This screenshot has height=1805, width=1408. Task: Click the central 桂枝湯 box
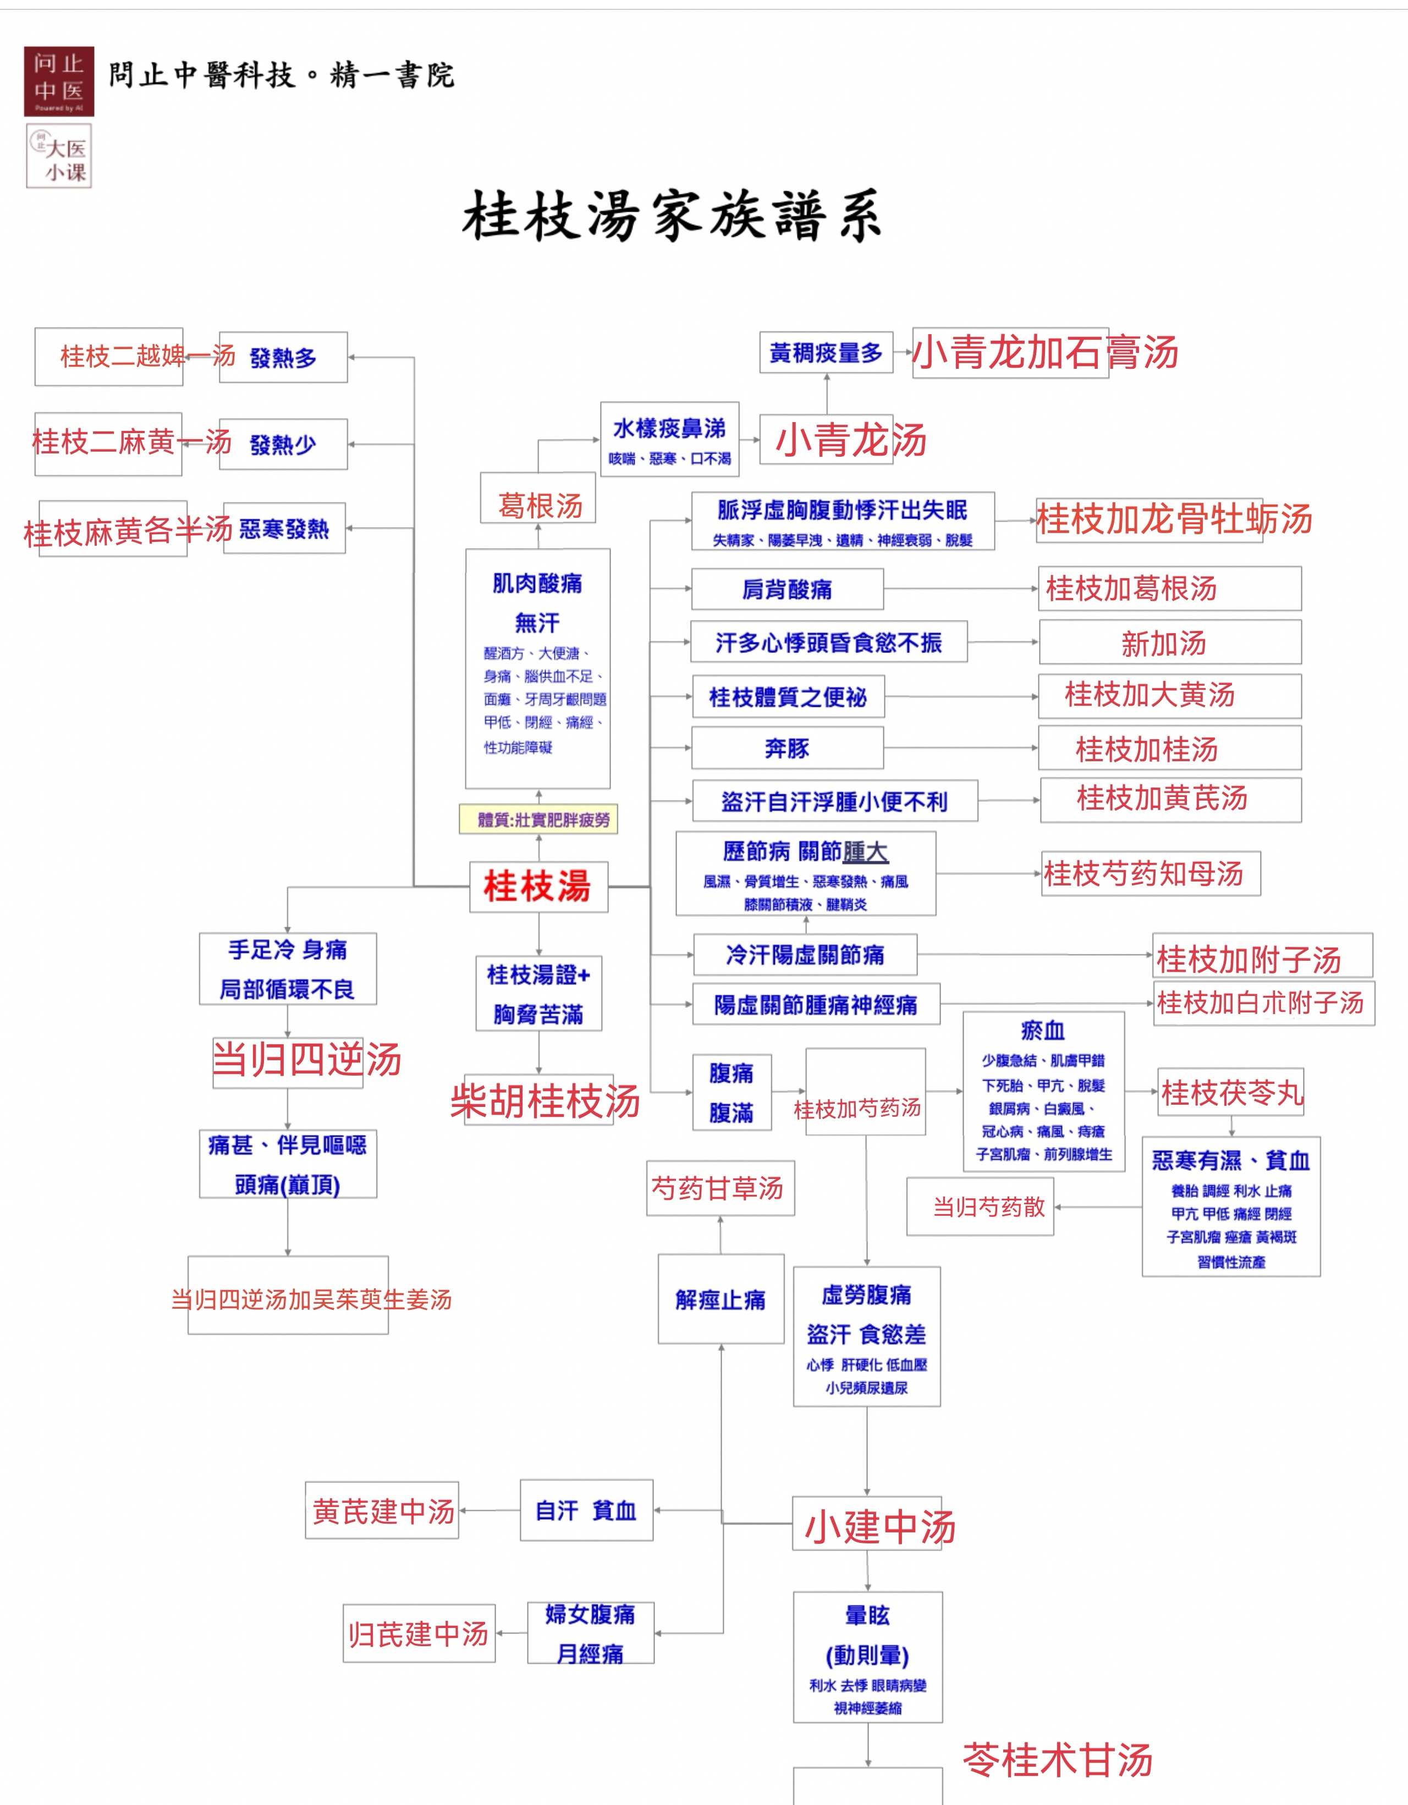[x=538, y=886]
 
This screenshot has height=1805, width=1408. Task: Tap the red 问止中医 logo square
[x=59, y=81]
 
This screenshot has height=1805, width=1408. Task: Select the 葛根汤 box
[x=538, y=499]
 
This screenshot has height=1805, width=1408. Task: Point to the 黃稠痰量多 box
[x=826, y=353]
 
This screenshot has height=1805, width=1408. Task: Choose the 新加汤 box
[x=1170, y=642]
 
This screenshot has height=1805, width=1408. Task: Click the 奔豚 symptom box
[x=787, y=748]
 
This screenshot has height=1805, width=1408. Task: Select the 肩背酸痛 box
[x=787, y=589]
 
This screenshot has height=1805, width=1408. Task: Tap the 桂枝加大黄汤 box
[x=1170, y=696]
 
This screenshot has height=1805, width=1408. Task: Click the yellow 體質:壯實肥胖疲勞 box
[x=538, y=819]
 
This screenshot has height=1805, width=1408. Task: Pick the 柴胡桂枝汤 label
[x=545, y=1101]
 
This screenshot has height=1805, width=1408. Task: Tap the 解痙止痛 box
[x=721, y=1299]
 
